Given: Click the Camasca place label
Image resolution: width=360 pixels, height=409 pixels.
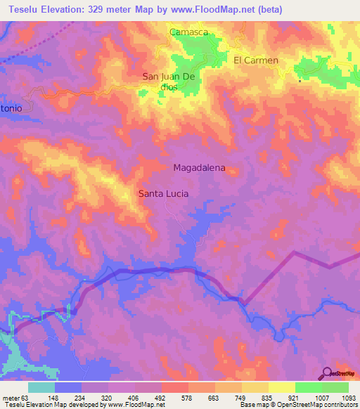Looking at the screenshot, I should (186, 32).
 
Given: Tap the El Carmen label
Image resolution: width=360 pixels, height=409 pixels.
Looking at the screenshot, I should (256, 60).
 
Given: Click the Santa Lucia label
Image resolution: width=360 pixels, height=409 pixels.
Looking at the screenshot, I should (163, 193).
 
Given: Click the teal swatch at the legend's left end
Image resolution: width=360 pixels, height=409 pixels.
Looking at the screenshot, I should (41, 387).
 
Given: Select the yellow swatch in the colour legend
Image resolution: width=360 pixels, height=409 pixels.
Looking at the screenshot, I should (281, 387).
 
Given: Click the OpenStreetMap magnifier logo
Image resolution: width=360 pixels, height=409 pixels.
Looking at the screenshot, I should (328, 374).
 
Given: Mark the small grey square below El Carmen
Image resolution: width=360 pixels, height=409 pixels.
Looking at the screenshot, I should (300, 81).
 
